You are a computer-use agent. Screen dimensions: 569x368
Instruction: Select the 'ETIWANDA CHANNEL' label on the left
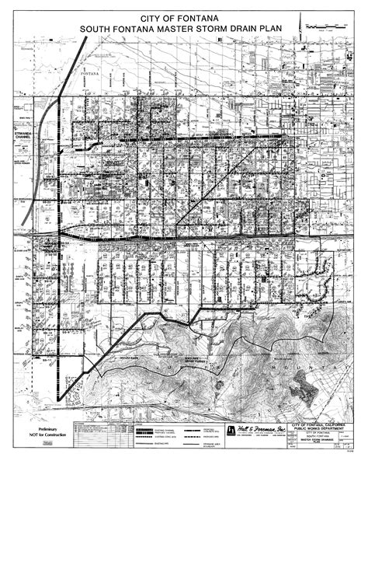[25, 134]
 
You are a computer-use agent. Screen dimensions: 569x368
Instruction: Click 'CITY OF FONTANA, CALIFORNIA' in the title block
[320, 424]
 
